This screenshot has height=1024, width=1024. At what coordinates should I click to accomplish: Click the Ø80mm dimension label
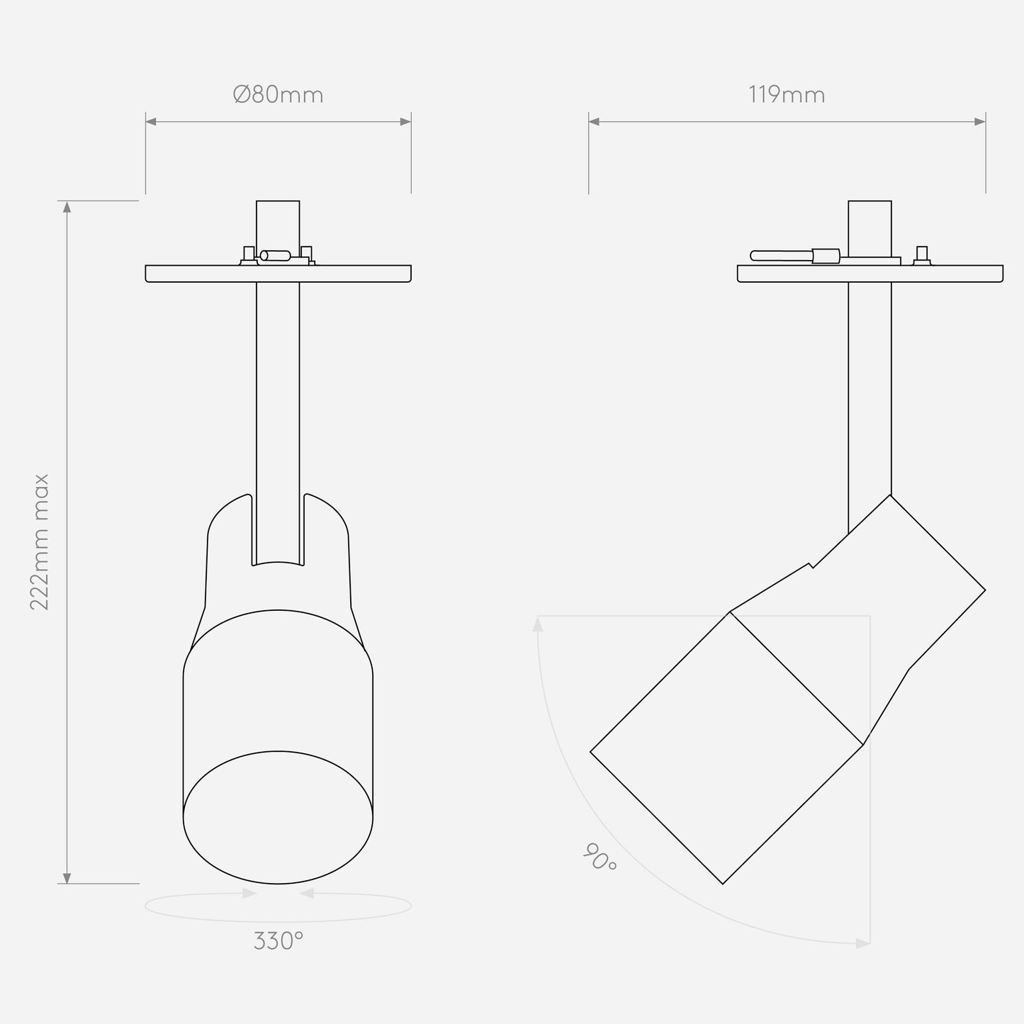[x=278, y=94]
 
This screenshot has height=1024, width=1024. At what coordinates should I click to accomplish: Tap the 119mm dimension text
[x=787, y=95]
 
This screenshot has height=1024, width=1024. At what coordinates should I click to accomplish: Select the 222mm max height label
[x=39, y=542]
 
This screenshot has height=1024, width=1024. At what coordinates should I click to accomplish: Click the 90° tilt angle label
[x=600, y=857]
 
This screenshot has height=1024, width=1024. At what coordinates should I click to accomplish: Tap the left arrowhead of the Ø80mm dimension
[x=151, y=122]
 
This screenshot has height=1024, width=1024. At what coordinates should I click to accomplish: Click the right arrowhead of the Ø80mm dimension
[x=405, y=122]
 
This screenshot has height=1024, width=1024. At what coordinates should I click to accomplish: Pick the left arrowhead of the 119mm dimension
[x=594, y=122]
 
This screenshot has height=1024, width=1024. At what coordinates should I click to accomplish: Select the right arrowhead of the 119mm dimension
[x=980, y=122]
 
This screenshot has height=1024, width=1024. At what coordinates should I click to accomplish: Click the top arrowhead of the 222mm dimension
[x=67, y=207]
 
